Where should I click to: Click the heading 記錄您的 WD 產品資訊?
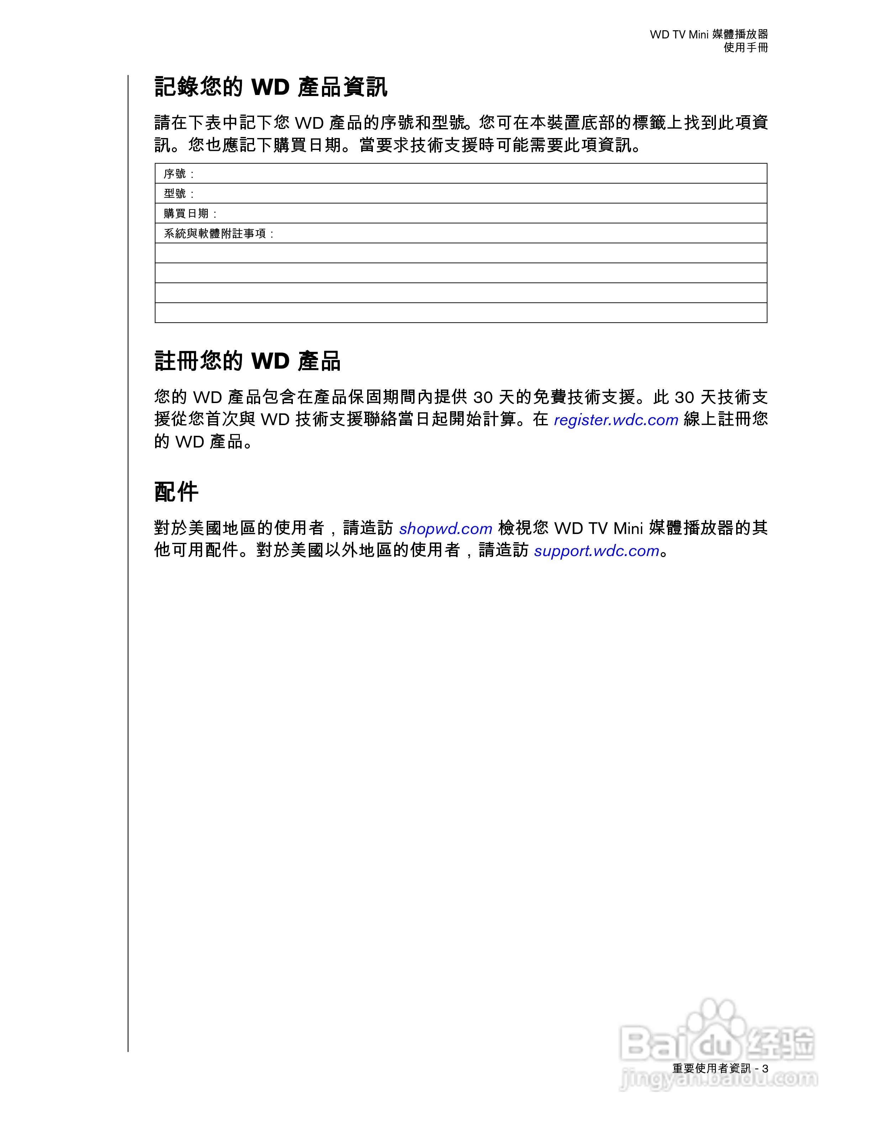[x=271, y=87]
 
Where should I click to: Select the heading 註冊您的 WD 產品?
[x=248, y=361]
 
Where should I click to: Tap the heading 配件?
[x=176, y=492]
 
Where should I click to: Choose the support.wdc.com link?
[x=596, y=551]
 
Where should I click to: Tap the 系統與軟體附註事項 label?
[x=215, y=234]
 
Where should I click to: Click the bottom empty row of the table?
[x=461, y=313]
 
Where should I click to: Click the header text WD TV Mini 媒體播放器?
[x=708, y=35]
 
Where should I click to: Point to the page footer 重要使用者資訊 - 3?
[x=720, y=1068]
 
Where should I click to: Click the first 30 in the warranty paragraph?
[x=483, y=397]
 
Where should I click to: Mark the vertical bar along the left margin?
[x=128, y=562]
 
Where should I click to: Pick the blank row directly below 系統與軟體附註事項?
[x=461, y=253]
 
